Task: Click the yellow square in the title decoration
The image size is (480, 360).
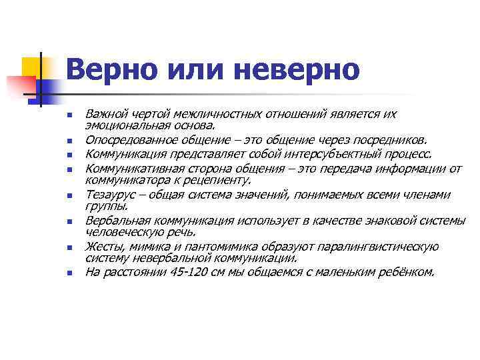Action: (32, 67)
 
